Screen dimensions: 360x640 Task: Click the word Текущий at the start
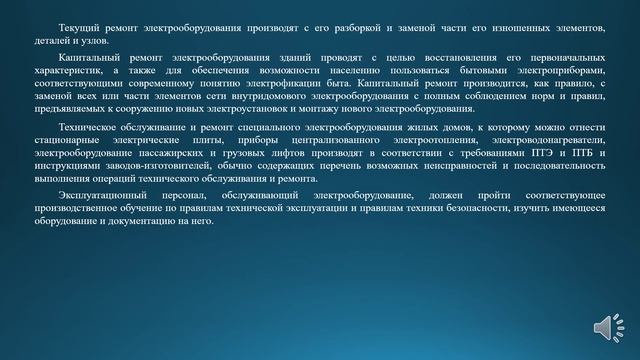(x=79, y=21)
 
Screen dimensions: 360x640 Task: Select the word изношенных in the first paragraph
(x=520, y=21)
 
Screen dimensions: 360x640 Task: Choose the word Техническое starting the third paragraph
(x=89, y=131)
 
